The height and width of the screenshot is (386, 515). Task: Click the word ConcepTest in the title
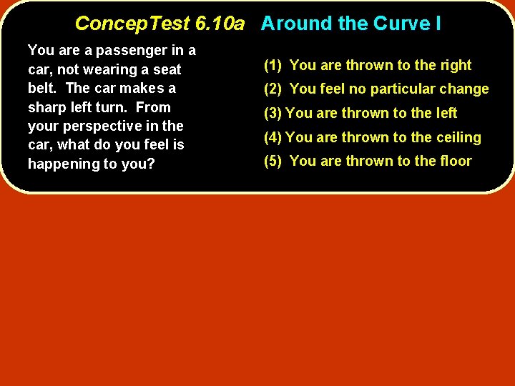tap(132, 24)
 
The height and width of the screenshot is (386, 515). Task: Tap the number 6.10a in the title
tap(219, 24)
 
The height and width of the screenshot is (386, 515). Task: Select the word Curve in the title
tap(398, 24)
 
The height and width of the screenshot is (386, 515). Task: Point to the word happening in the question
tap(63, 164)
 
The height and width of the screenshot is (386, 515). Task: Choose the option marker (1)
tap(274, 66)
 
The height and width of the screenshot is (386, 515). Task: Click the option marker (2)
tap(274, 89)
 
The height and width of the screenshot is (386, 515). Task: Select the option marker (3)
tap(273, 113)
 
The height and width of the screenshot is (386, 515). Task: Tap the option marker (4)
tap(273, 137)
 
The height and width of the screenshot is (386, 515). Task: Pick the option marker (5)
tap(274, 161)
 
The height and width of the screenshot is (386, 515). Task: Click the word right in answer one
tap(454, 66)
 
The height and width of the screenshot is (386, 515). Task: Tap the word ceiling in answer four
tap(458, 137)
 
